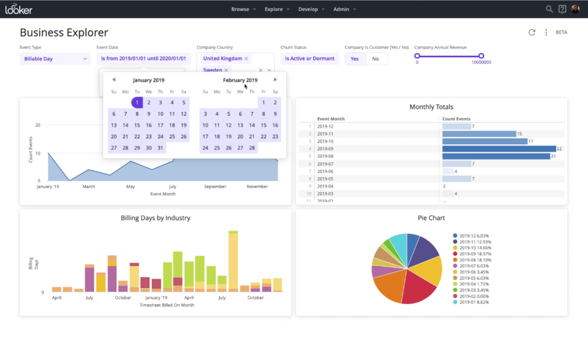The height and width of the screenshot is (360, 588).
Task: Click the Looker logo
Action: click(19, 9)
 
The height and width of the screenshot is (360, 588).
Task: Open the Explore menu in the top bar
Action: click(277, 9)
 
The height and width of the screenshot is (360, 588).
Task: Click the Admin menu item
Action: click(344, 9)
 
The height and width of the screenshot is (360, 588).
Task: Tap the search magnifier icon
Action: click(549, 9)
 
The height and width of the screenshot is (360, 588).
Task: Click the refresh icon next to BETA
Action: click(532, 32)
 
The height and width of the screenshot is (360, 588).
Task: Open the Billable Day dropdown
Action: click(55, 59)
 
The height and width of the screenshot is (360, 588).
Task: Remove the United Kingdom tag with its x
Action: click(246, 59)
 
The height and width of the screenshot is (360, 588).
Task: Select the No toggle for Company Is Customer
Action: click(375, 59)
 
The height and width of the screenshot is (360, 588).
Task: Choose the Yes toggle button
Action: click(355, 59)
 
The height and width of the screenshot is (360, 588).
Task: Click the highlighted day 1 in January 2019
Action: click(137, 102)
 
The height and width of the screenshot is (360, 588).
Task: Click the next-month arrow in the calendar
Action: click(275, 80)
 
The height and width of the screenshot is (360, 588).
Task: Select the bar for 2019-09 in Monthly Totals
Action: click(499, 149)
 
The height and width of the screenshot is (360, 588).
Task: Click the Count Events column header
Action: click(456, 119)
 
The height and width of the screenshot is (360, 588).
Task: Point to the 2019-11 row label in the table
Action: click(325, 134)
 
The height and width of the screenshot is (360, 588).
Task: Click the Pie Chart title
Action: click(431, 218)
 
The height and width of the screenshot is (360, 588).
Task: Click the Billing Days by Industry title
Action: click(155, 218)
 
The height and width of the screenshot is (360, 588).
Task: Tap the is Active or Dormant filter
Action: click(309, 59)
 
